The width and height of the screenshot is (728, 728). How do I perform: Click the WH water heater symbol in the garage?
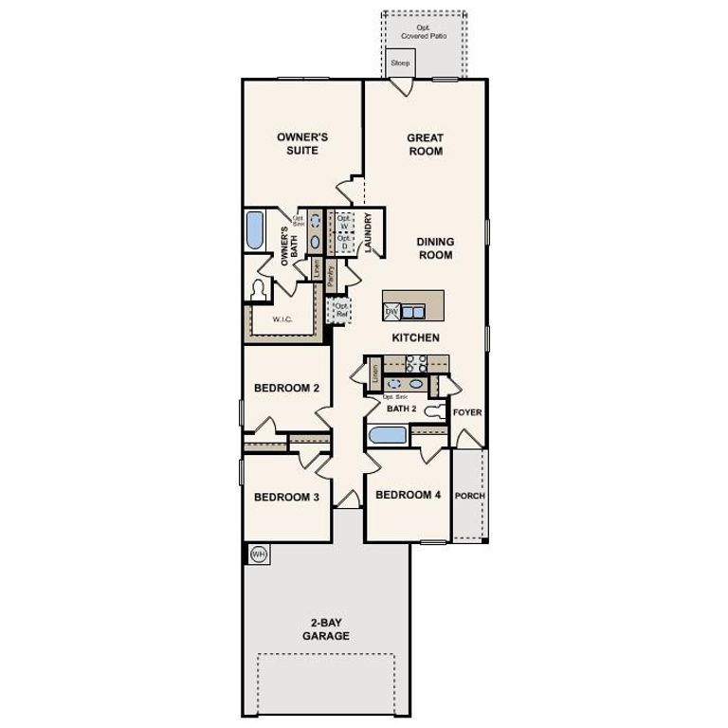[257, 554]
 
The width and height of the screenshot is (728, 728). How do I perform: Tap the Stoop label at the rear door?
[400, 63]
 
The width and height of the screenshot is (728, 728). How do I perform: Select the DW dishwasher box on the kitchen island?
[391, 312]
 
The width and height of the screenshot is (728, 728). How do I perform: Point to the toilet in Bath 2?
[434, 411]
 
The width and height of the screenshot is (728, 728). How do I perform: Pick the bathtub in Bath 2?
[387, 436]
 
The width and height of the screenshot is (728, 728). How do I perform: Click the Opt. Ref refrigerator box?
[339, 309]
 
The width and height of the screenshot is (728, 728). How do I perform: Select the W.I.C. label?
[282, 319]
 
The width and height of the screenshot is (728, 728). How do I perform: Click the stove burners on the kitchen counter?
[415, 362]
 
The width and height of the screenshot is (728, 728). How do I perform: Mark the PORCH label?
[469, 496]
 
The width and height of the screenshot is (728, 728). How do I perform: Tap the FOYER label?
[467, 412]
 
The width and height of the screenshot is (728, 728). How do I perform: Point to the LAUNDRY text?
[367, 232]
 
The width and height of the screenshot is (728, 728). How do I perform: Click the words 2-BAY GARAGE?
[325, 629]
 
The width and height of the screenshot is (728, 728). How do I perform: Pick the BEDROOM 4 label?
[408, 495]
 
